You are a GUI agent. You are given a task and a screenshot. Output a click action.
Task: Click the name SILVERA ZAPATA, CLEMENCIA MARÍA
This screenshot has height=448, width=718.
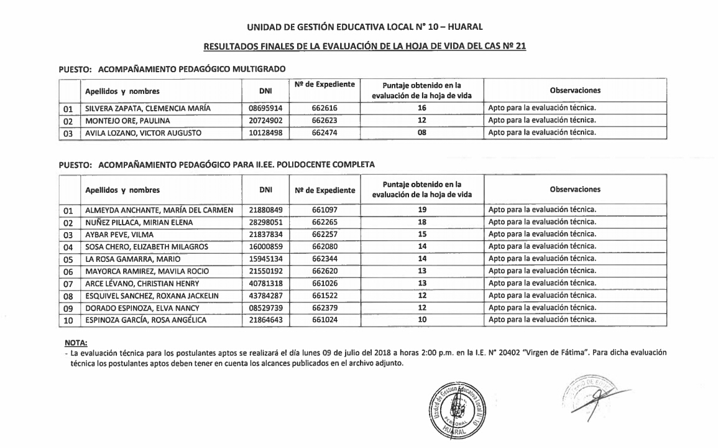pos(148,108)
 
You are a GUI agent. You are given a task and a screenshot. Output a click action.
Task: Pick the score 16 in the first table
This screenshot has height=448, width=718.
pos(421,108)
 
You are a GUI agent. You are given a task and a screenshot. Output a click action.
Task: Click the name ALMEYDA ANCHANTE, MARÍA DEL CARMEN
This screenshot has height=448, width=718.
pos(159,210)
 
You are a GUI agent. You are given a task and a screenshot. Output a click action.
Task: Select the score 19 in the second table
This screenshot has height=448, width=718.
pos(421,210)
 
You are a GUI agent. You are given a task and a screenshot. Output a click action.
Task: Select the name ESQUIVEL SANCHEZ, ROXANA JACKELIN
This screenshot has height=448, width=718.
pos(152,296)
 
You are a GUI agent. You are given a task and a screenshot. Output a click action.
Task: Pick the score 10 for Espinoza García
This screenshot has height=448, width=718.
pos(421,320)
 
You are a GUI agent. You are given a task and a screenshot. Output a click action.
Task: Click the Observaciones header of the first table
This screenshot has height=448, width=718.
pos(574,91)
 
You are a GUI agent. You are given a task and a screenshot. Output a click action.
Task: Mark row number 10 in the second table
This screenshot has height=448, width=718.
pos(68,320)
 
